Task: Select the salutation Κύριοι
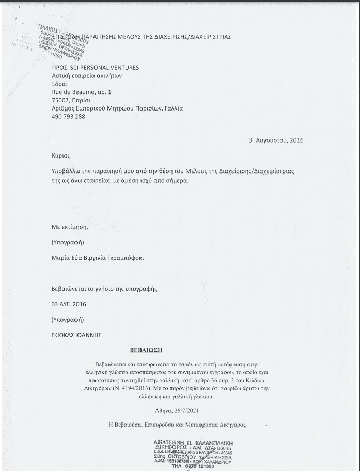tap(61, 155)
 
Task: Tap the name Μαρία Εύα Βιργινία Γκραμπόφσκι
tap(98, 257)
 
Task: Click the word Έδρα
tap(60, 84)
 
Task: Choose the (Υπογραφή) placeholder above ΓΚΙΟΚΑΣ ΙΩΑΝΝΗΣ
tap(68, 320)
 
